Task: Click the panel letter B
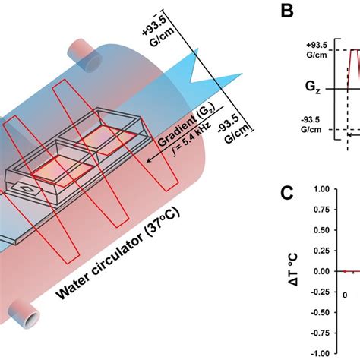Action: (x=287, y=11)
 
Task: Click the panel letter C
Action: (x=287, y=193)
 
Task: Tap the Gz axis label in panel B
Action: (x=313, y=87)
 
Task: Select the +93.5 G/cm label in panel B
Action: (x=317, y=50)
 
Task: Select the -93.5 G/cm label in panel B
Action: (x=311, y=125)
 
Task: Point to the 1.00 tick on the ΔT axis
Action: (x=321, y=189)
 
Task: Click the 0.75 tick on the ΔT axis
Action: (x=321, y=210)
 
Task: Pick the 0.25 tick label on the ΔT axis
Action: (x=321, y=251)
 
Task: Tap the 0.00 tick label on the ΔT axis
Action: (x=321, y=271)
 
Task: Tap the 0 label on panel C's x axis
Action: (x=345, y=295)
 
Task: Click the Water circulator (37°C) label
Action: (x=118, y=253)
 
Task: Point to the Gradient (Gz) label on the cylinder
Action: (x=186, y=125)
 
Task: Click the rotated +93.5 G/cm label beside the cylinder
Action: (x=159, y=31)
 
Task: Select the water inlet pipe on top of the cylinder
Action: (x=84, y=54)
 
